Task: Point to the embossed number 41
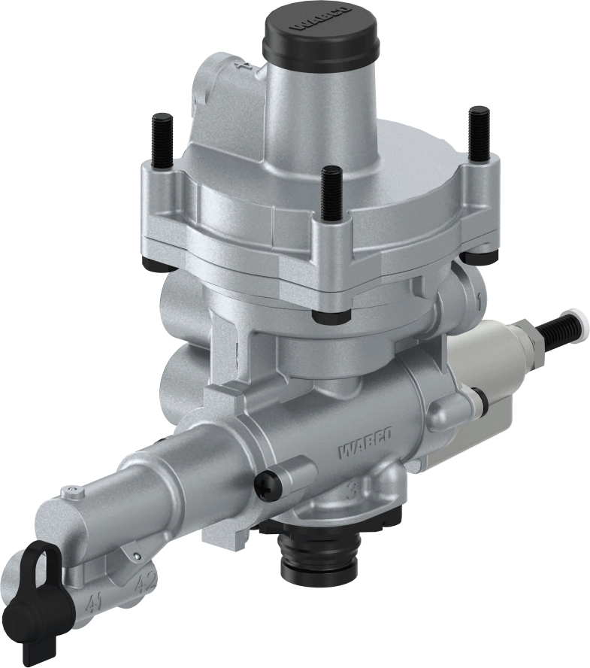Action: (x=95, y=603)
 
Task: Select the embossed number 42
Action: (x=145, y=583)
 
